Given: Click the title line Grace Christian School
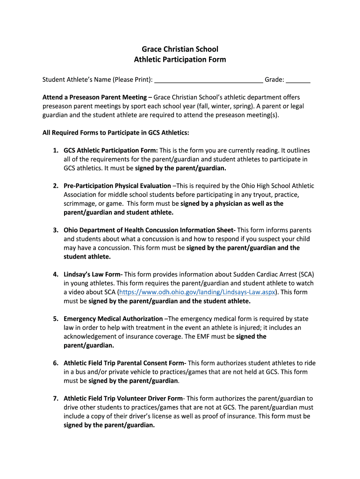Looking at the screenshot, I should click(x=180, y=49).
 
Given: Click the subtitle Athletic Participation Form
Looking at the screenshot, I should click(x=180, y=59).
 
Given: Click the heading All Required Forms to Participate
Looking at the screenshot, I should click(x=115, y=133).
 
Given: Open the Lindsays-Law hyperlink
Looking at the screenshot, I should click(x=197, y=292).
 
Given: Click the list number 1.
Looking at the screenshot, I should click(x=55, y=151).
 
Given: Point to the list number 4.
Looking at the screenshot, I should click(x=55, y=275).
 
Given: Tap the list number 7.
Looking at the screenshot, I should click(x=55, y=399).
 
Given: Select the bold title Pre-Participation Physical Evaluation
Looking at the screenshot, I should click(x=117, y=186).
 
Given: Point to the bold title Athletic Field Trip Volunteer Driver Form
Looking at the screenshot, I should click(x=123, y=399).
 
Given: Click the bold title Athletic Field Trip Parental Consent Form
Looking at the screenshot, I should click(x=124, y=363).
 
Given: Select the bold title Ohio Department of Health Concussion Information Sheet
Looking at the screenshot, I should click(x=149, y=230).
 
